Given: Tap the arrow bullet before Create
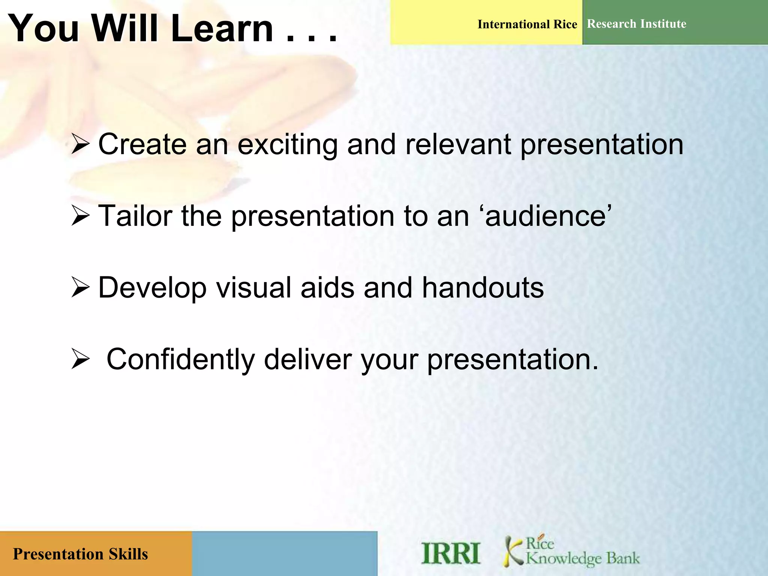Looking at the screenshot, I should pyautogui.click(x=80, y=145).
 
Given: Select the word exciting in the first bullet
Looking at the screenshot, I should pyautogui.click(x=288, y=144).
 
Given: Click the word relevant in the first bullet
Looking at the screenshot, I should pyautogui.click(x=458, y=144).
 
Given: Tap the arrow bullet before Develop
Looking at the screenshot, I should pyautogui.click(x=80, y=288).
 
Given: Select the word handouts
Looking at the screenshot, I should pyautogui.click(x=483, y=288).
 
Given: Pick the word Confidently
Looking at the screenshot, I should pyautogui.click(x=181, y=359).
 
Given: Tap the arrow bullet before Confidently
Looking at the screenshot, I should pyautogui.click(x=80, y=359).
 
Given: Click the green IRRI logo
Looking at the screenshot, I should pyautogui.click(x=450, y=553).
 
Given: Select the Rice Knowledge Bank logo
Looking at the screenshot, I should pyautogui.click(x=571, y=551).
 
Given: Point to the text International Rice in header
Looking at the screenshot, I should pyautogui.click(x=527, y=24).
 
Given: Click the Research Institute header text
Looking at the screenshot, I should pyautogui.click(x=636, y=24).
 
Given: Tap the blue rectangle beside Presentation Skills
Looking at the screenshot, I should pyautogui.click(x=284, y=553).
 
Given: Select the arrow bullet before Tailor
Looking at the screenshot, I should pyautogui.click(x=80, y=216).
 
